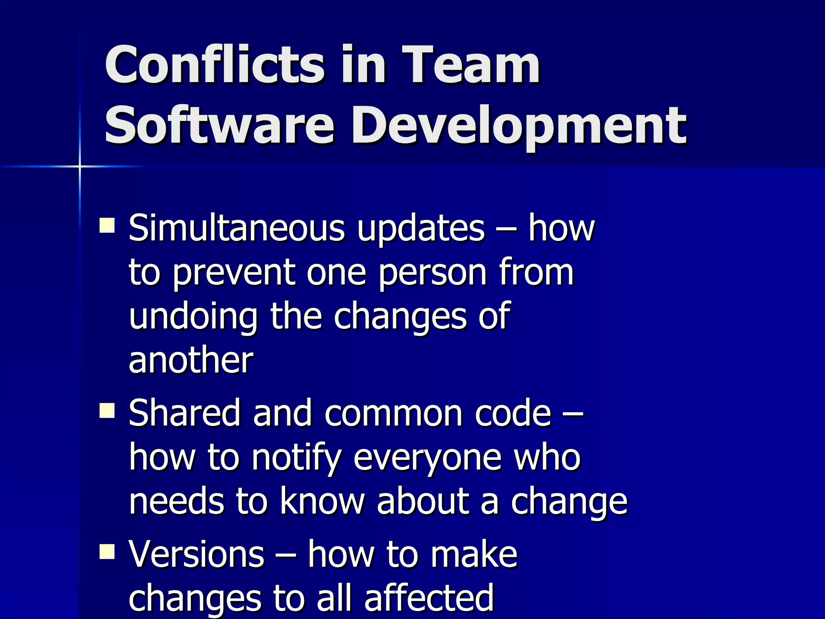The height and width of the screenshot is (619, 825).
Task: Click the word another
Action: pos(191,360)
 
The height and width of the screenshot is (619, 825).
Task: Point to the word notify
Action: pos(296,459)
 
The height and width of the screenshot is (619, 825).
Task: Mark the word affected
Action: pos(429,598)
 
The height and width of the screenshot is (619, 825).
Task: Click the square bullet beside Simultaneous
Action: pos(107,226)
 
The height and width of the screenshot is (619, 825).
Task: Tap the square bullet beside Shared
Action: pos(107,411)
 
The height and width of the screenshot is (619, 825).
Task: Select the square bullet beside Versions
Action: pos(107,552)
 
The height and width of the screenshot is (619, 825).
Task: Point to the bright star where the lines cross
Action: pos(80,166)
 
